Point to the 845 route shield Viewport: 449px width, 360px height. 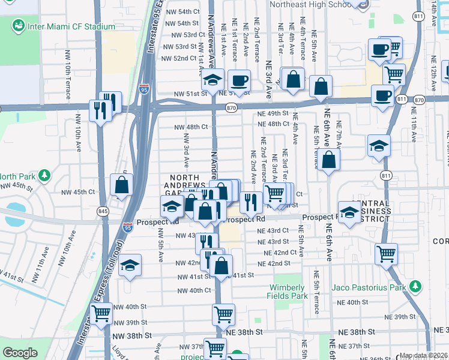tap(103, 211)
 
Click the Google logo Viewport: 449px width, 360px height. tap(20, 353)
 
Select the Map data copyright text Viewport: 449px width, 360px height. tap(423, 355)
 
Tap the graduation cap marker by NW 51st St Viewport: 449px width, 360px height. tap(212, 80)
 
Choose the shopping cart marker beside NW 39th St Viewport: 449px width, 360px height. tap(101, 313)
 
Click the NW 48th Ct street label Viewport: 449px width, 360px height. tap(191, 127)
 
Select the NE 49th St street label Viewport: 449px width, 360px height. tap(273, 113)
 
